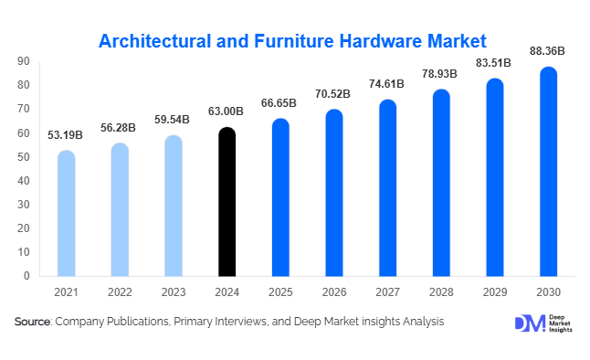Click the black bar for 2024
[227, 202]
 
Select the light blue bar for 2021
[66, 213]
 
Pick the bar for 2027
[387, 187]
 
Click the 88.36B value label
[548, 52]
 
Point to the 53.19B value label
[66, 135]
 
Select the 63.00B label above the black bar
[227, 112]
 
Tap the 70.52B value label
[333, 94]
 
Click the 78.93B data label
[441, 74]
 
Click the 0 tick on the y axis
[27, 276]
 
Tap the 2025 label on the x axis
[280, 291]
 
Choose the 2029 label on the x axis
[494, 291]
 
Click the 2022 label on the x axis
[120, 291]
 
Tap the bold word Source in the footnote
[33, 322]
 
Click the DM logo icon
[529, 323]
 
